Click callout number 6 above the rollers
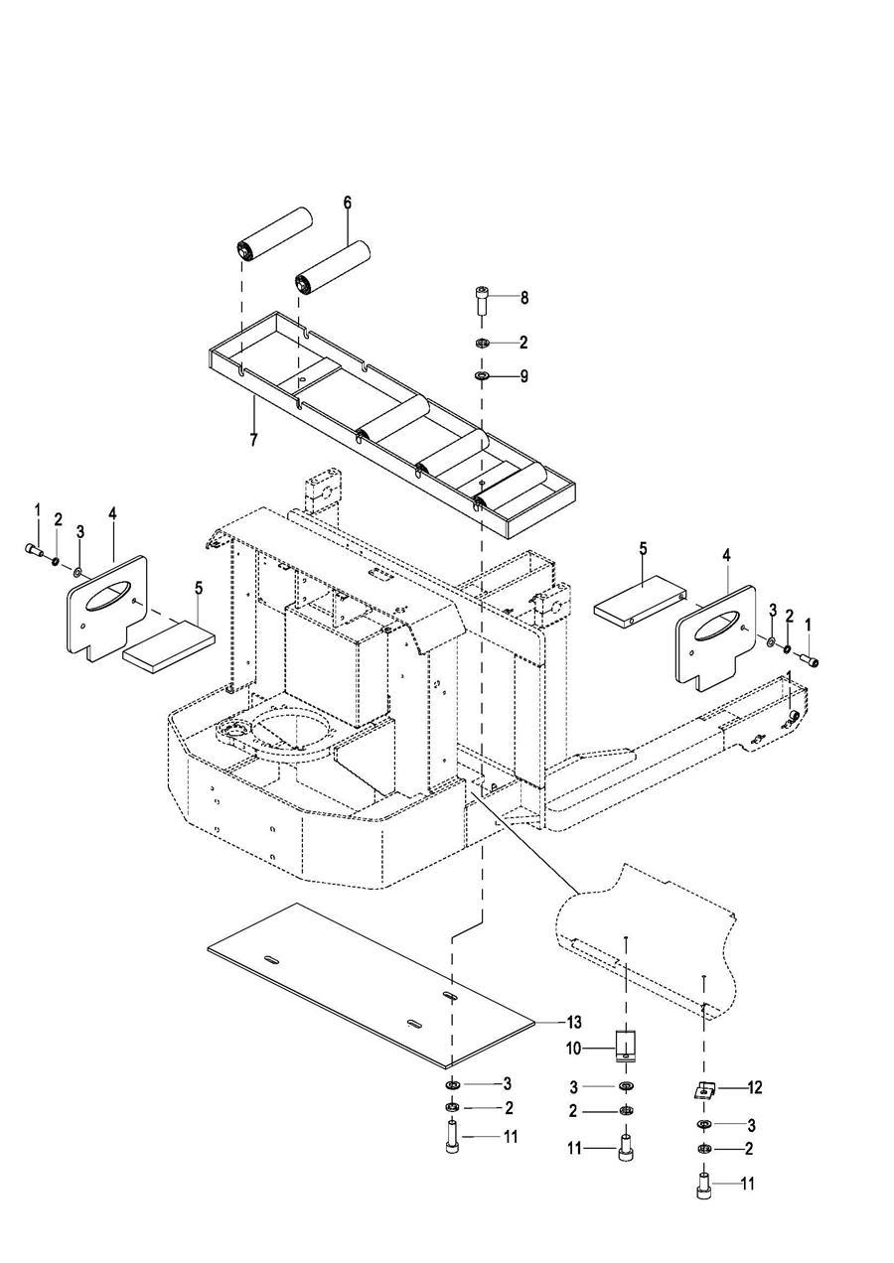pos(347,203)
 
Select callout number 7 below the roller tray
pos(253,440)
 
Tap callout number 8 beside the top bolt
pos(524,298)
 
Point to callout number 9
pos(524,376)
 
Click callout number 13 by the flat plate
pos(574,1023)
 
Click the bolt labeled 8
pos(481,301)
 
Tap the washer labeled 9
pos(482,376)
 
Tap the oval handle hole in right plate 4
pos(716,626)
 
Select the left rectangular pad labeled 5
pos(169,646)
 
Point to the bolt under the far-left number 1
pos(35,550)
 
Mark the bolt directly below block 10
pos(625,1148)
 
